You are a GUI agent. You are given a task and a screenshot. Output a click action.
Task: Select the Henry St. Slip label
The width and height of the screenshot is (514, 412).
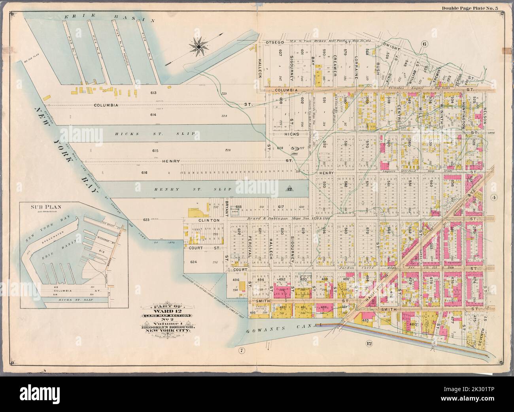(x=174, y=189)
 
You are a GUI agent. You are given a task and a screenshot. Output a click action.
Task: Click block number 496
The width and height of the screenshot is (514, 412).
(x=236, y=280)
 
